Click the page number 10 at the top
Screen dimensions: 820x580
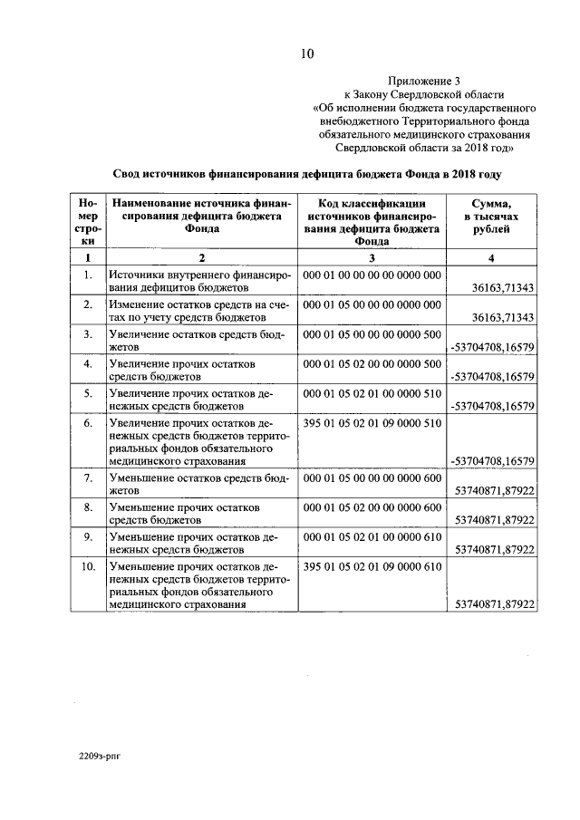point(306,53)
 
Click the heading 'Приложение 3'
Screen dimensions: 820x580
point(424,80)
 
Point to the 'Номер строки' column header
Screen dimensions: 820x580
point(88,223)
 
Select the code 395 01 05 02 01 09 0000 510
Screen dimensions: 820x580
point(372,423)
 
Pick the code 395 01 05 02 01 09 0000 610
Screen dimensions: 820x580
point(372,566)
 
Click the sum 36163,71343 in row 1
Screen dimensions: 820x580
point(504,287)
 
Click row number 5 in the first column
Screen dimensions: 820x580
point(88,393)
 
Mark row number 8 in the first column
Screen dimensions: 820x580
point(88,506)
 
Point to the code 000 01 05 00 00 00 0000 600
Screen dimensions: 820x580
point(372,478)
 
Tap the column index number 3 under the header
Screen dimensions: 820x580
point(372,257)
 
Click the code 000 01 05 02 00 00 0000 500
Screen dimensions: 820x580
point(372,364)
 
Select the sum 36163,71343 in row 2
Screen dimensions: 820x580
point(504,317)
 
